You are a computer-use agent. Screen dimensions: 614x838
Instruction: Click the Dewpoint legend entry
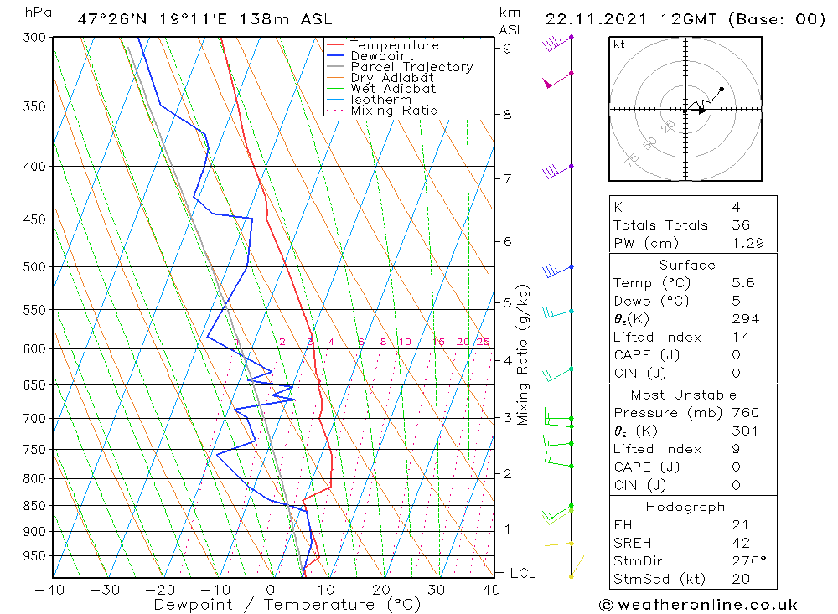click(x=381, y=56)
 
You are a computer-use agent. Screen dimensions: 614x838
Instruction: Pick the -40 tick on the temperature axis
click(x=50, y=589)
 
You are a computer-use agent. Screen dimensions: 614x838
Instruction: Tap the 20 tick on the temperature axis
click(x=381, y=589)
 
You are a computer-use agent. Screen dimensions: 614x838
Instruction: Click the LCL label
click(x=523, y=573)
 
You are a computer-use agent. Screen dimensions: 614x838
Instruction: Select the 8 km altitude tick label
click(x=507, y=114)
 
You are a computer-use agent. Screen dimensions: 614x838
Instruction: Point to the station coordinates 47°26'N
click(x=111, y=19)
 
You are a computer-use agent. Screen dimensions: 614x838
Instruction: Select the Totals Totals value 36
click(x=741, y=224)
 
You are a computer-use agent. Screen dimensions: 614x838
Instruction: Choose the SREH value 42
click(x=741, y=543)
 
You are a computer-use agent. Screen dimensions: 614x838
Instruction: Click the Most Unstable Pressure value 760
click(x=745, y=413)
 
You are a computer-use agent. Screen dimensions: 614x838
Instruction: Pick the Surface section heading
click(x=687, y=265)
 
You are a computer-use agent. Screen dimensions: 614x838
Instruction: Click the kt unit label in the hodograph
click(x=619, y=44)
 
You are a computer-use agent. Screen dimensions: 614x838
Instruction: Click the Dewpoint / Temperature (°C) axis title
click(x=287, y=605)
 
